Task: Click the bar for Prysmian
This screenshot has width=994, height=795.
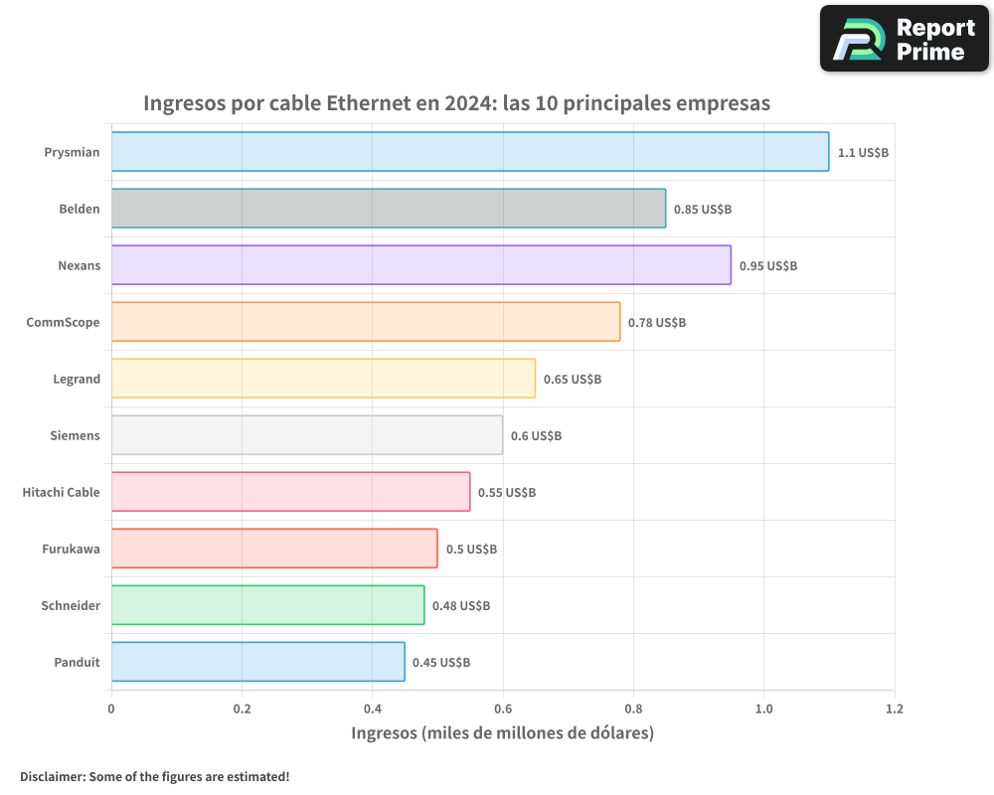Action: tap(469, 152)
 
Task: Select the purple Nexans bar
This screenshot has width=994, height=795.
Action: tap(420, 265)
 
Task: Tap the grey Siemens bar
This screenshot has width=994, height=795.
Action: tap(306, 435)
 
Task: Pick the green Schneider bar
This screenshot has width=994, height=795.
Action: tap(267, 605)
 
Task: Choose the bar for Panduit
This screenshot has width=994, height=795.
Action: tap(257, 662)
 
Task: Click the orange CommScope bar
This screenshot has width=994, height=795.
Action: tap(365, 322)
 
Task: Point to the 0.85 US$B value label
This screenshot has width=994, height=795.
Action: tap(702, 210)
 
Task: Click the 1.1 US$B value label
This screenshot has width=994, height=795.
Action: tap(863, 153)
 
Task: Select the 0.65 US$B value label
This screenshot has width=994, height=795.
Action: tap(572, 380)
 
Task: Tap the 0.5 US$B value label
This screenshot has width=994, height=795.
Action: tap(471, 550)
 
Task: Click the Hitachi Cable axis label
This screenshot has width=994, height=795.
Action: tap(61, 492)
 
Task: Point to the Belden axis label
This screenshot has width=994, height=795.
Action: tap(80, 209)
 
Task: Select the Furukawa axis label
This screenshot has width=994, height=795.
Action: tap(71, 549)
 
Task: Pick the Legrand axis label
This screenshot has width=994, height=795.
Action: tap(77, 379)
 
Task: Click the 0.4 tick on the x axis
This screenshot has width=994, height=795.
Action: tap(372, 710)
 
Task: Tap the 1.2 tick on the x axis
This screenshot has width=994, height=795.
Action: tap(895, 710)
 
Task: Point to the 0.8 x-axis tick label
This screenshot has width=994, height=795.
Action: tap(633, 710)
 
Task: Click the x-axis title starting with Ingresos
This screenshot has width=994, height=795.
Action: tap(502, 733)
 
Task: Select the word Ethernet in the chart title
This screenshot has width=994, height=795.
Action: tap(372, 103)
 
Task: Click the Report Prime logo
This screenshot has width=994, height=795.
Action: tap(904, 39)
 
